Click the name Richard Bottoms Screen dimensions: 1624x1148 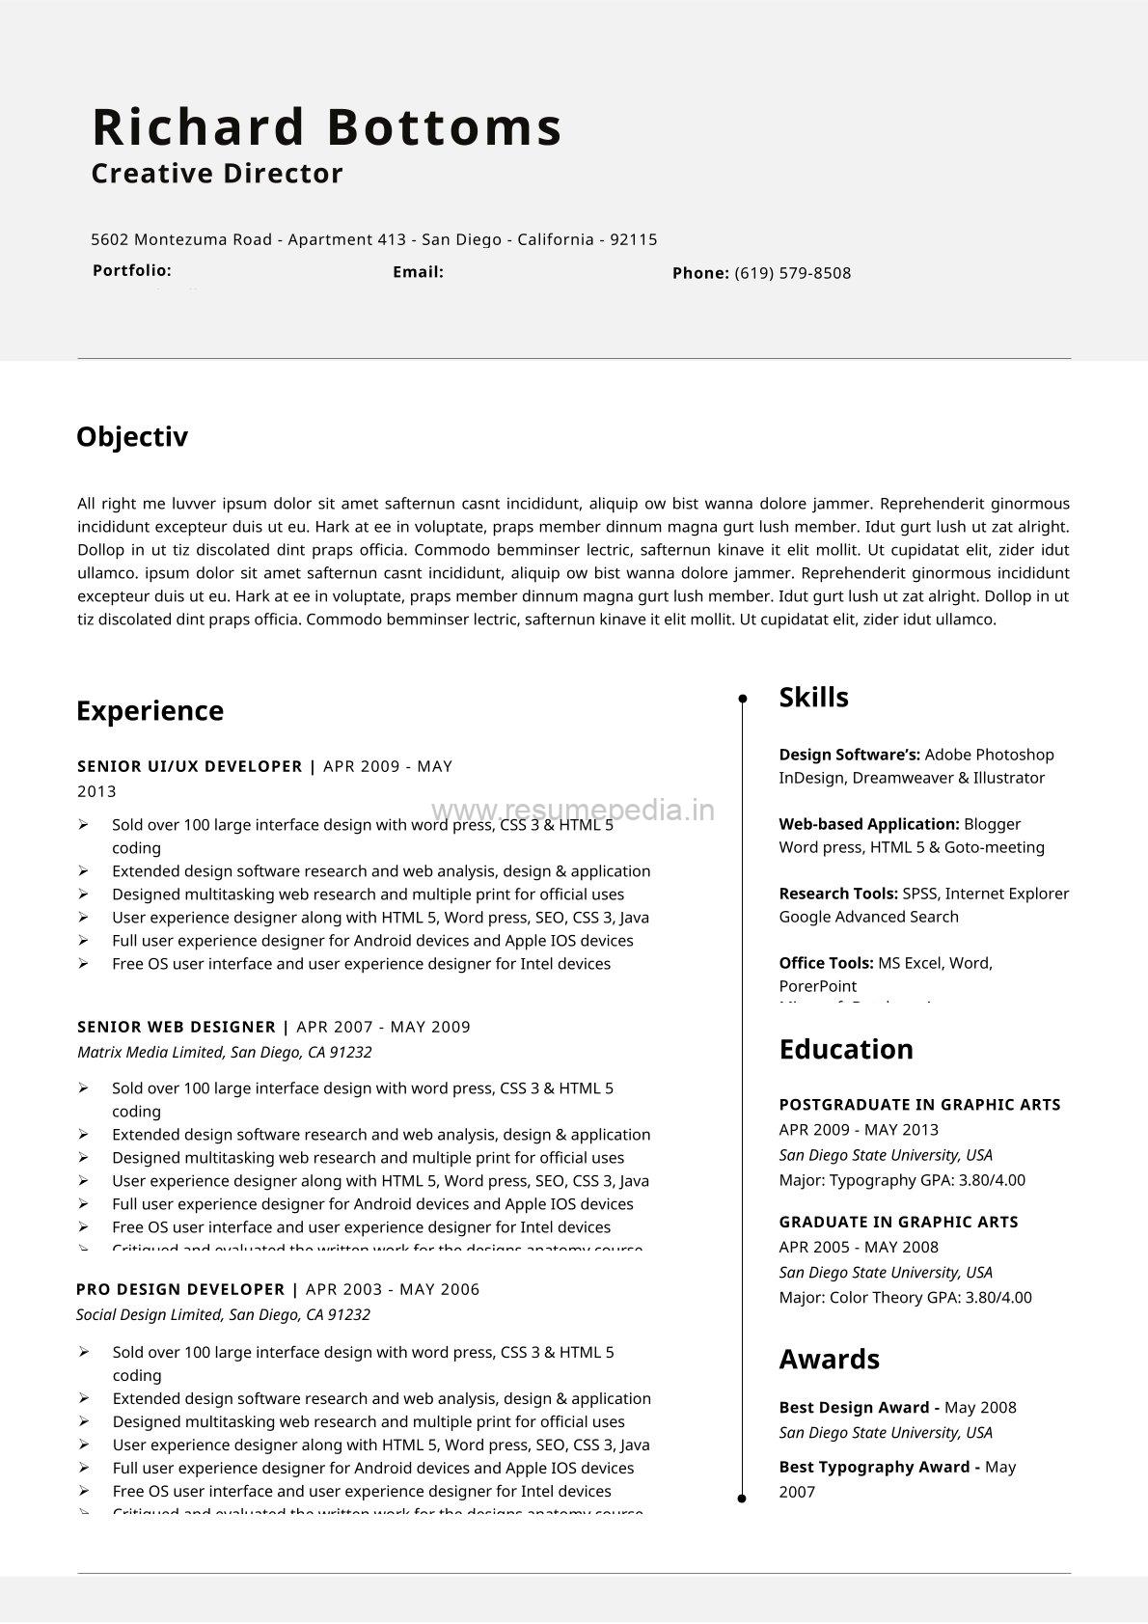tap(327, 127)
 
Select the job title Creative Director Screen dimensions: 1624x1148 tap(217, 174)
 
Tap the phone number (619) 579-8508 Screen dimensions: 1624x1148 tap(792, 273)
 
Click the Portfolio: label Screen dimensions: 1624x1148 tap(132, 270)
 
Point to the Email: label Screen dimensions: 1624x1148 tap(418, 272)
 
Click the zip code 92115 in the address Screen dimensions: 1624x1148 tap(634, 239)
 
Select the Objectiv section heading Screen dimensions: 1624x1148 tap(132, 437)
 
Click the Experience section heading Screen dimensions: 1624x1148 tap(150, 711)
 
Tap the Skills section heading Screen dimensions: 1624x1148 tap(813, 698)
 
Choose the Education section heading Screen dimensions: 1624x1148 tap(845, 1049)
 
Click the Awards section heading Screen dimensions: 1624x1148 tap(829, 1359)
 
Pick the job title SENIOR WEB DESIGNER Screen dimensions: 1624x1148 tap(177, 1027)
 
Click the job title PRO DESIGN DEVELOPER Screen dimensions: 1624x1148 tap(180, 1289)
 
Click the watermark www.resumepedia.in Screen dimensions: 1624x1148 tap(573, 810)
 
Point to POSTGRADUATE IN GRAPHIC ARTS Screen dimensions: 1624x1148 tap(919, 1105)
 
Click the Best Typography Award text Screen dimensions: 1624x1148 tap(873, 1467)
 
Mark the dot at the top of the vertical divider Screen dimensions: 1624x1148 tap(742, 698)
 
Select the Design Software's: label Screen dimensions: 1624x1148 tap(849, 755)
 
